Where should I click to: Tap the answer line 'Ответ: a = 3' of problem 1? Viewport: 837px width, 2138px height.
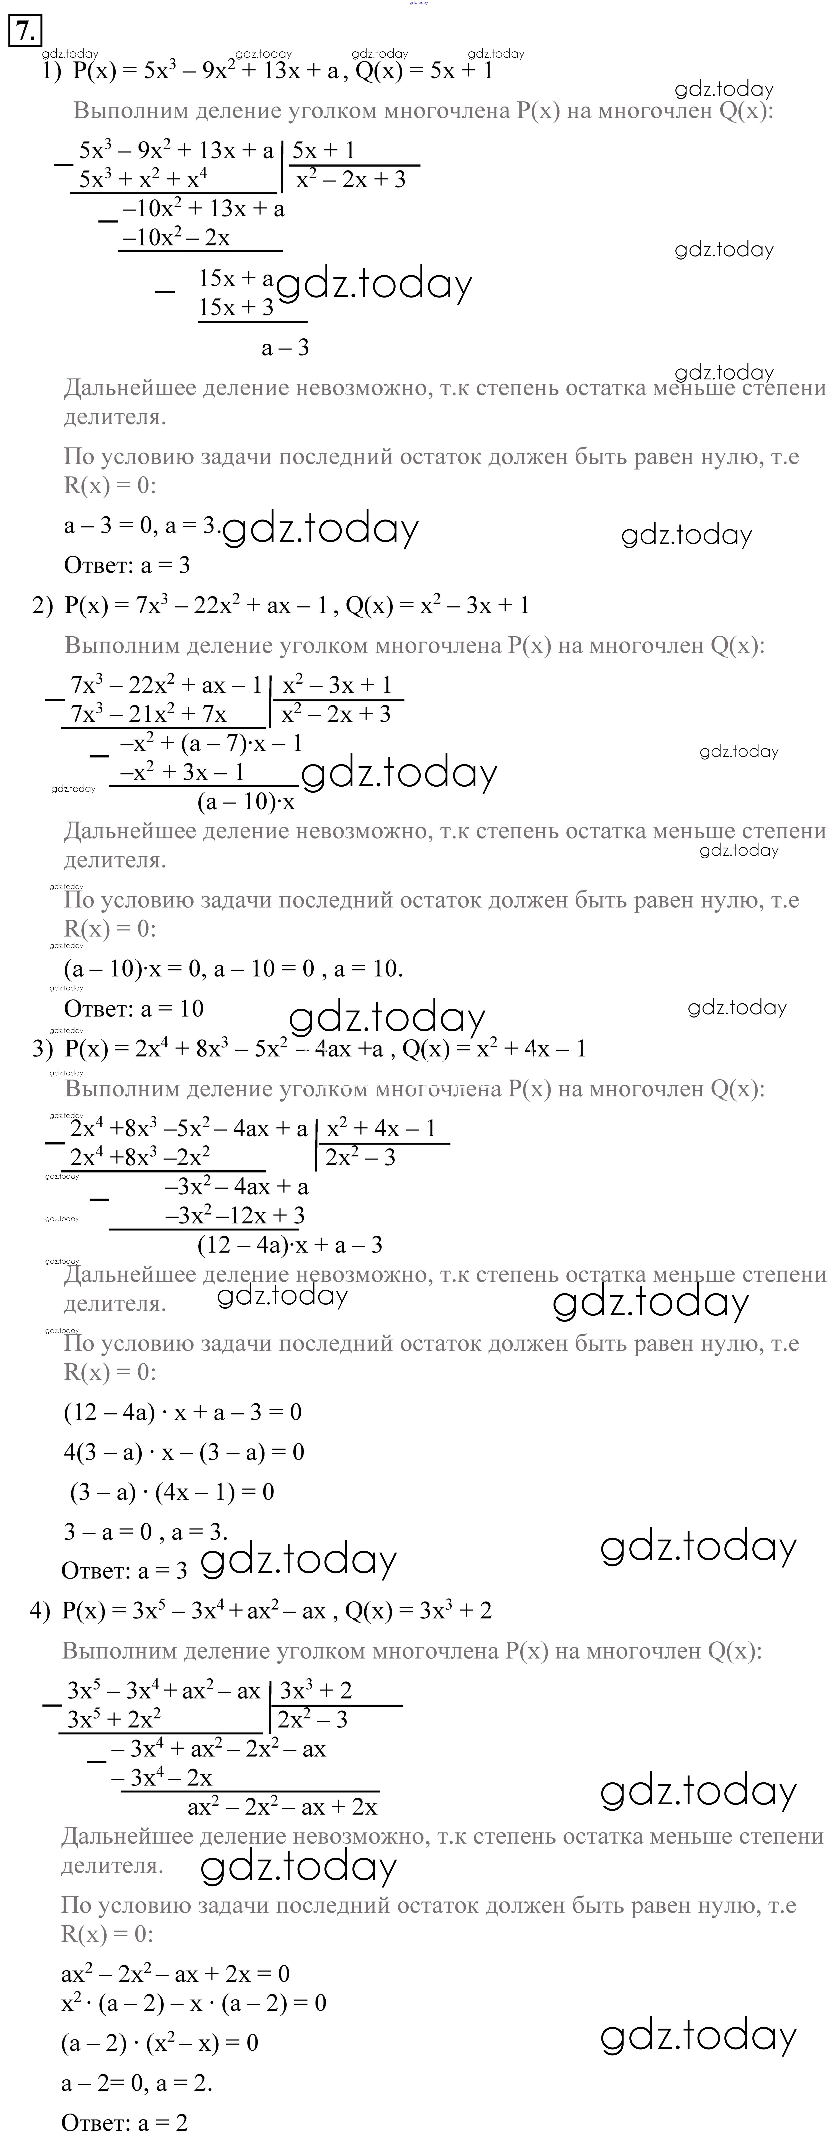127,565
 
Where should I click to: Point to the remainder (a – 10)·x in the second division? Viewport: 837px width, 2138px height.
246,802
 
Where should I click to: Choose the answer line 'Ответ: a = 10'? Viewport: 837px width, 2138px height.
134,1008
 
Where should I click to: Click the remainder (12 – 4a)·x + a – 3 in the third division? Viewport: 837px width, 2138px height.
290,1244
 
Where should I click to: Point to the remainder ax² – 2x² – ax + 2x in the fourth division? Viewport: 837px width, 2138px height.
282,1807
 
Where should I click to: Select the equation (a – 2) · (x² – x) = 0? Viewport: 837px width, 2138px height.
159,2043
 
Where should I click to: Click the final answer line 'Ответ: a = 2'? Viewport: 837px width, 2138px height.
124,2122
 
